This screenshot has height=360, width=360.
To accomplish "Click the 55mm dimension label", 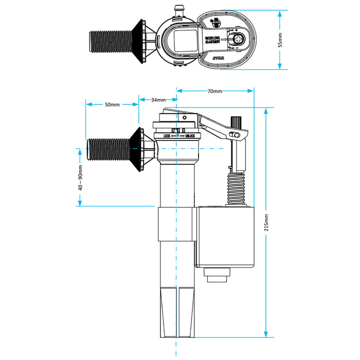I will tap(280, 40).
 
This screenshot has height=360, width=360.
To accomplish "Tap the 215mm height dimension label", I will tap(265, 222).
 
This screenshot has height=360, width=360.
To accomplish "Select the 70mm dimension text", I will tap(215, 91).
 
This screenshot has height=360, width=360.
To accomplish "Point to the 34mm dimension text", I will tap(158, 99).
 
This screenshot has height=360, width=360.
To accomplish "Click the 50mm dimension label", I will tap(112, 104).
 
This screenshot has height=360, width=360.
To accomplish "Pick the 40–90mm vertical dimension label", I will tap(80, 178).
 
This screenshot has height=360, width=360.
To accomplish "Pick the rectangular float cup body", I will tap(226, 237).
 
